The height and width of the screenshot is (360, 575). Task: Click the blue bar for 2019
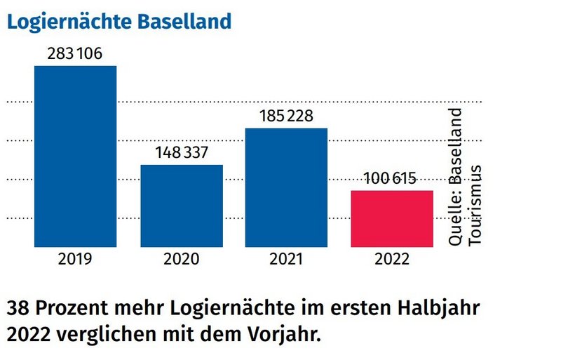(76, 156)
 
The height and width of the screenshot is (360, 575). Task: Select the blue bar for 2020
(182, 206)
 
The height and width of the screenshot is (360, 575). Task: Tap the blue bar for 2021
(286, 187)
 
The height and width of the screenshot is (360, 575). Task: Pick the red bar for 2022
(391, 218)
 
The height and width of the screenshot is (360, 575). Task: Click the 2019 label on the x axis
(76, 259)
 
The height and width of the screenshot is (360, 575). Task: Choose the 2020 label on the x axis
(182, 259)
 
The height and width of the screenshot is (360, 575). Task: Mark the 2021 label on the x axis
(286, 259)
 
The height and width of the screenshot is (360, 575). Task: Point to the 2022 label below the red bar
(391, 259)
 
